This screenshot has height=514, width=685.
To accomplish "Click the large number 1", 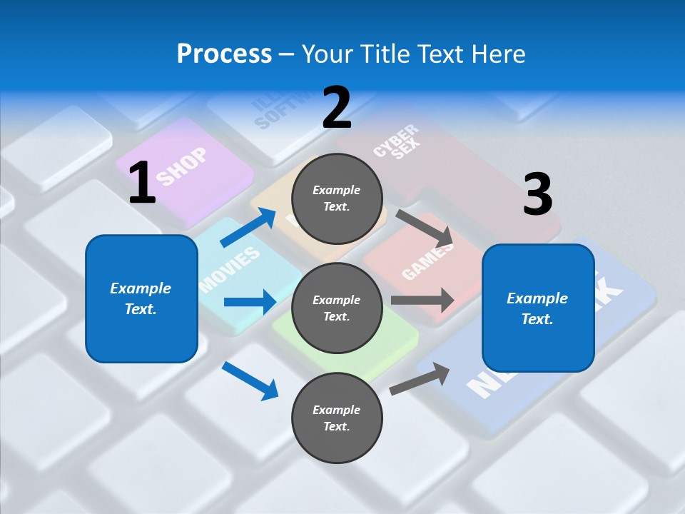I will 142,183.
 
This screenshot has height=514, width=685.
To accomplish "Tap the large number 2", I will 336,108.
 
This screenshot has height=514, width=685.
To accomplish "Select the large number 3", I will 537,195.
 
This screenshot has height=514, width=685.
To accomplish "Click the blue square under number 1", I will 141,298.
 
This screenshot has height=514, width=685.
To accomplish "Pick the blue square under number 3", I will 538,308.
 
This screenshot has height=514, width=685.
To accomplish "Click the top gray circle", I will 337,198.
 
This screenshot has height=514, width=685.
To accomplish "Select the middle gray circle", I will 337,308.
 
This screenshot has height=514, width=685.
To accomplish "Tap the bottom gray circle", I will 337,418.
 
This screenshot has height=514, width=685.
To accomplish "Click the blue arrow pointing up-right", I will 248,227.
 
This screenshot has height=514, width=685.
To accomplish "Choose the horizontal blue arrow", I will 250,302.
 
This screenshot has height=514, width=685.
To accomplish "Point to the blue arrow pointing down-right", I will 250,381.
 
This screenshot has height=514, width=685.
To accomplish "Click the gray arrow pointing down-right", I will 424,227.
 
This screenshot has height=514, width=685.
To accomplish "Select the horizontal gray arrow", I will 422,300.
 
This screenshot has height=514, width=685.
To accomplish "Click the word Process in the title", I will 224,54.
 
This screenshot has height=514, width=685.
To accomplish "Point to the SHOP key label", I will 182,166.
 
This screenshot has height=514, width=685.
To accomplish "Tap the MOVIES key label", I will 230,271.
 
